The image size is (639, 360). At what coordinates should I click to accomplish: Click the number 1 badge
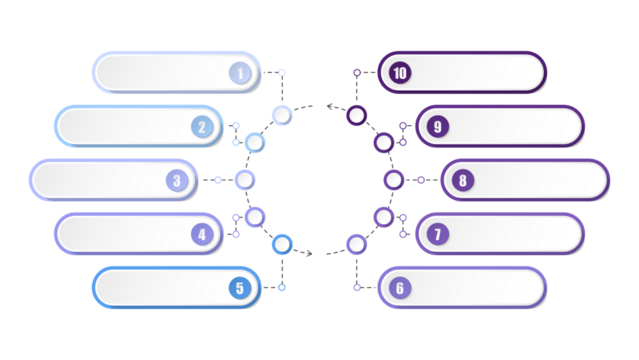(239, 72)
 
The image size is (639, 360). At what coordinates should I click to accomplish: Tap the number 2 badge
(202, 127)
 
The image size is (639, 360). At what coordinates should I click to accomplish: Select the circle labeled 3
(177, 181)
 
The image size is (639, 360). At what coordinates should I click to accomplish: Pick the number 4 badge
(202, 235)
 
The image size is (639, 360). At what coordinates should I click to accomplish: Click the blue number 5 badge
(239, 288)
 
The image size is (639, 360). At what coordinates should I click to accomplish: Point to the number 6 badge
(399, 288)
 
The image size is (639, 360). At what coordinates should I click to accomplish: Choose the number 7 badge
(436, 235)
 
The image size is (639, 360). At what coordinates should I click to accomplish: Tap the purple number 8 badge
(461, 181)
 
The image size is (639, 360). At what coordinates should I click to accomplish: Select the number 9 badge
(436, 127)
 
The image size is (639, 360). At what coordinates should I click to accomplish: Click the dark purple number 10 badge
(399, 72)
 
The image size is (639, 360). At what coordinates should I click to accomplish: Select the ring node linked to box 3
(245, 180)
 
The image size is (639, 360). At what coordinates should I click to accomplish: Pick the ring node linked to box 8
(394, 180)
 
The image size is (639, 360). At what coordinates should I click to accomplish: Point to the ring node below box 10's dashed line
(356, 116)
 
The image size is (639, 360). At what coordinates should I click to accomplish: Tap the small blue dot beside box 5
(282, 288)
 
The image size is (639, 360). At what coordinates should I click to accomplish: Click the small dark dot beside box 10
(357, 73)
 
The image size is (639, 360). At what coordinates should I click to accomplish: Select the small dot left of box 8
(421, 180)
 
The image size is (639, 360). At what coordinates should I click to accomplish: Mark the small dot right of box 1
(282, 72)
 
